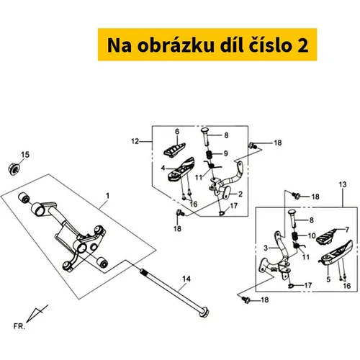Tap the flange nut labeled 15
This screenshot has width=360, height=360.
[x=14, y=168]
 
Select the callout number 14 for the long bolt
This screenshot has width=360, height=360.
[x=186, y=279]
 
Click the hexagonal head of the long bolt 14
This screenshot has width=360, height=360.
[x=204, y=312]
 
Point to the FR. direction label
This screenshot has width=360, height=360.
[x=19, y=326]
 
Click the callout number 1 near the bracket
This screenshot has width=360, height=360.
[x=108, y=196]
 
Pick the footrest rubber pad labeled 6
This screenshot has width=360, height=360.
[x=174, y=150]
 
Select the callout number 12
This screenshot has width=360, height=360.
[x=135, y=141]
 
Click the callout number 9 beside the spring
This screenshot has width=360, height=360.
[x=226, y=153]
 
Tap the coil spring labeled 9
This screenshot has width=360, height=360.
[x=210, y=155]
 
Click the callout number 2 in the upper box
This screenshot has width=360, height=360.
[x=240, y=194]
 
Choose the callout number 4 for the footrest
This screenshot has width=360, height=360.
[x=163, y=168]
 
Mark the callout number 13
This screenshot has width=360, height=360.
[x=343, y=184]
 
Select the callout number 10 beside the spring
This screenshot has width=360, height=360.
[x=312, y=236]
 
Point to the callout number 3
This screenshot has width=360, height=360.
[x=266, y=248]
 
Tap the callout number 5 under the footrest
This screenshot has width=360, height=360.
[x=328, y=279]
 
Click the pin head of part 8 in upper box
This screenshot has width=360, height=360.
[x=204, y=131]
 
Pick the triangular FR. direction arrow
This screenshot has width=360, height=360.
[x=37, y=313]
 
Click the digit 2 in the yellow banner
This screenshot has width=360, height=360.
[x=303, y=45]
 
